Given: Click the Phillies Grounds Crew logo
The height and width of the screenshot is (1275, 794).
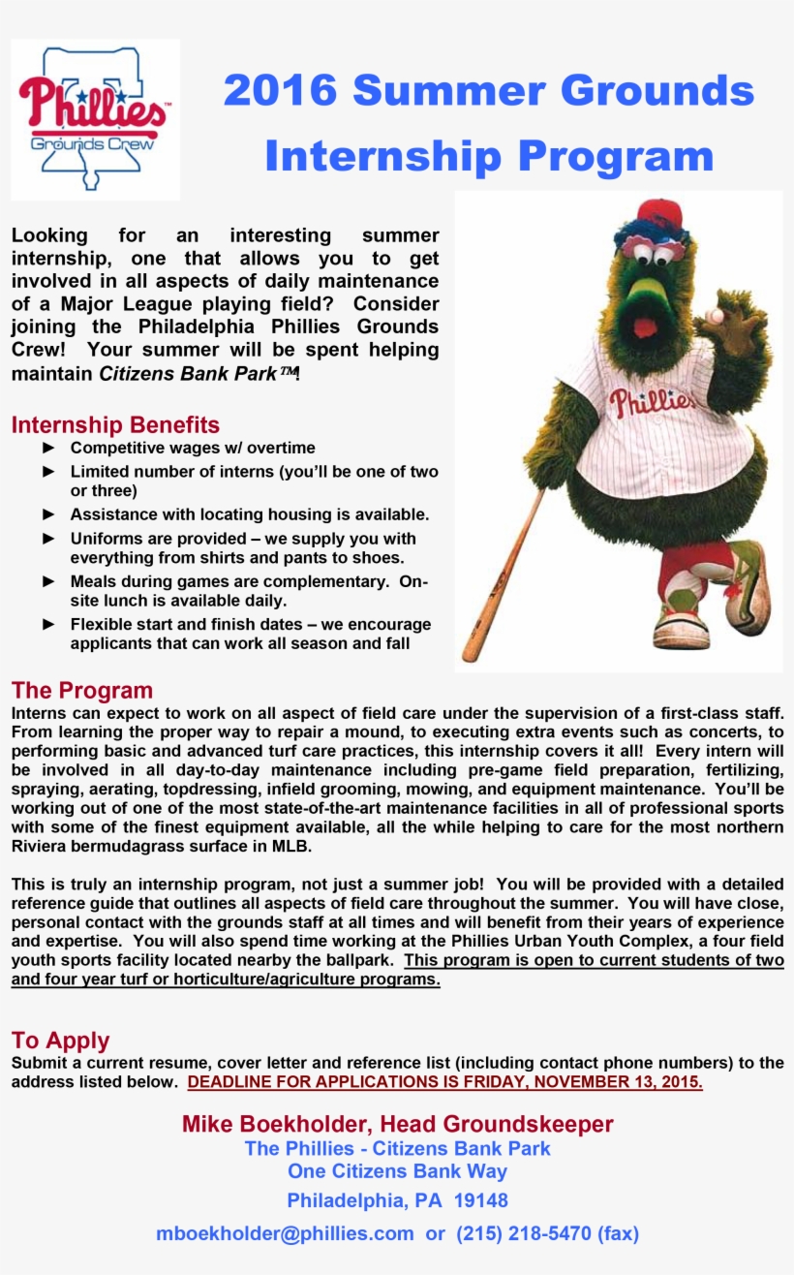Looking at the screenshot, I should [94, 119].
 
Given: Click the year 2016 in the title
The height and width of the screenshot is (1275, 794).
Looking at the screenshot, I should [280, 91].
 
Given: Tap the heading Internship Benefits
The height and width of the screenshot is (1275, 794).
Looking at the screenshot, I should [115, 424].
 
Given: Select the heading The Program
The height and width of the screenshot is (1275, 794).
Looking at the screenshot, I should [82, 690].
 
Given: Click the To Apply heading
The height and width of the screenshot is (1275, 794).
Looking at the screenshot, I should [60, 1040].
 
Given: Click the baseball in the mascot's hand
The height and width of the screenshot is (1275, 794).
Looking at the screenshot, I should [716, 317].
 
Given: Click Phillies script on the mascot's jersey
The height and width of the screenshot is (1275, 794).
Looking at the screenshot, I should [651, 400].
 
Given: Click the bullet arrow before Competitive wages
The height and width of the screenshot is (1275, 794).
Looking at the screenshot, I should [49, 448].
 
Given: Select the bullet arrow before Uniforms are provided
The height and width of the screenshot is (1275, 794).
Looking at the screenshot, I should [49, 538].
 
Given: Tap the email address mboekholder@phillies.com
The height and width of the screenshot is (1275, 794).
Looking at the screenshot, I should [285, 1233].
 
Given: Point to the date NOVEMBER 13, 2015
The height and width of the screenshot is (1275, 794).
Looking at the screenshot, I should [613, 1081].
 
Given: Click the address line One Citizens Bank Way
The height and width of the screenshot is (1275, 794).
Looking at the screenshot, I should [397, 1171].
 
